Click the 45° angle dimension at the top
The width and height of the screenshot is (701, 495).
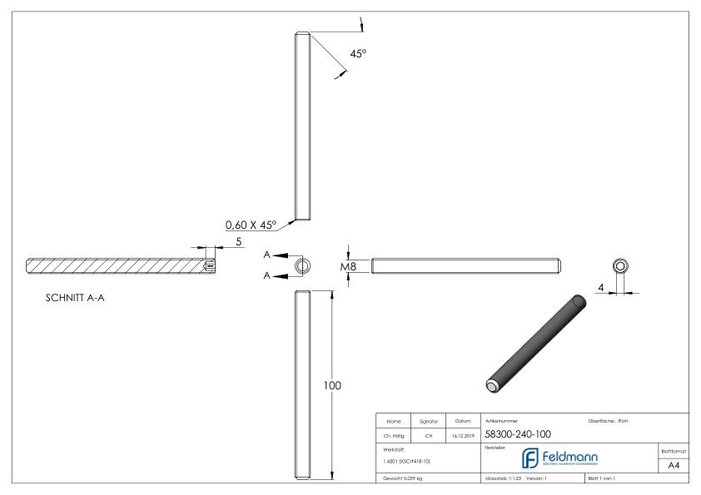click(358, 53)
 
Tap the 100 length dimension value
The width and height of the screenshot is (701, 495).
click(332, 385)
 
